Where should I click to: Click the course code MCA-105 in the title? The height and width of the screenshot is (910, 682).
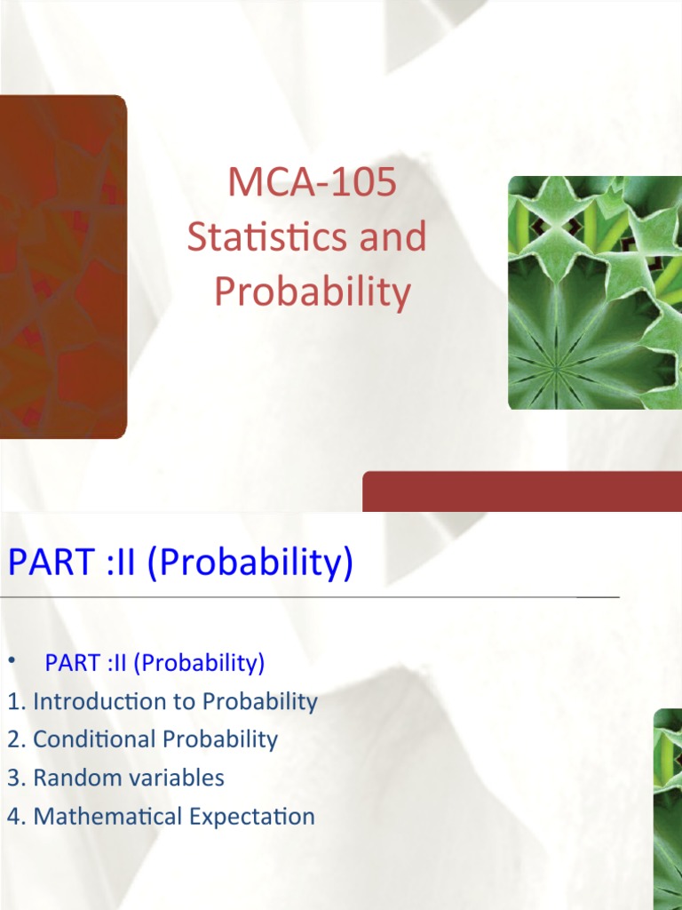(312, 184)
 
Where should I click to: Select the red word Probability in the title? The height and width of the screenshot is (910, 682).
(312, 292)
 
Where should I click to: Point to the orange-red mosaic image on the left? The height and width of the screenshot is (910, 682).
(62, 267)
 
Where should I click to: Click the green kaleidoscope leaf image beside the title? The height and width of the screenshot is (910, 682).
(594, 292)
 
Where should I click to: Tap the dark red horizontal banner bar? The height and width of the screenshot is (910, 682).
(522, 491)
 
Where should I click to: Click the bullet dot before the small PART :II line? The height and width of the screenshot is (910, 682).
(12, 662)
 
